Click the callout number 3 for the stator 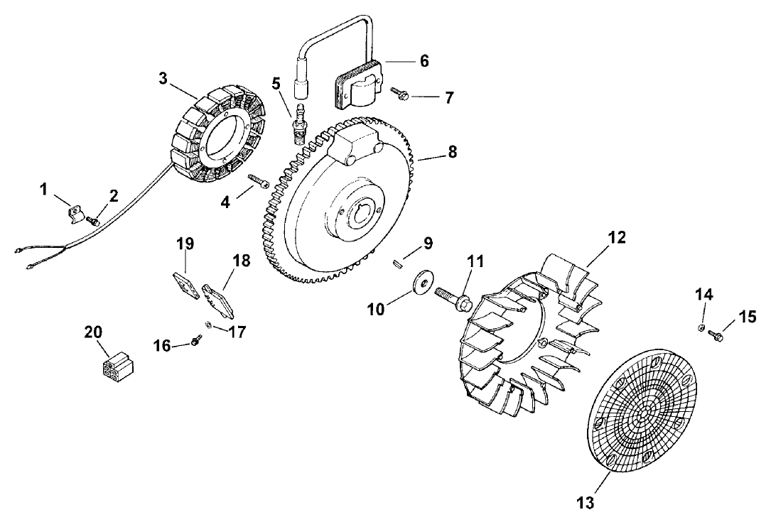point(163,78)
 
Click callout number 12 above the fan point(617,238)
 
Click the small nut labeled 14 point(701,327)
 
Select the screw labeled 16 point(195,342)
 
